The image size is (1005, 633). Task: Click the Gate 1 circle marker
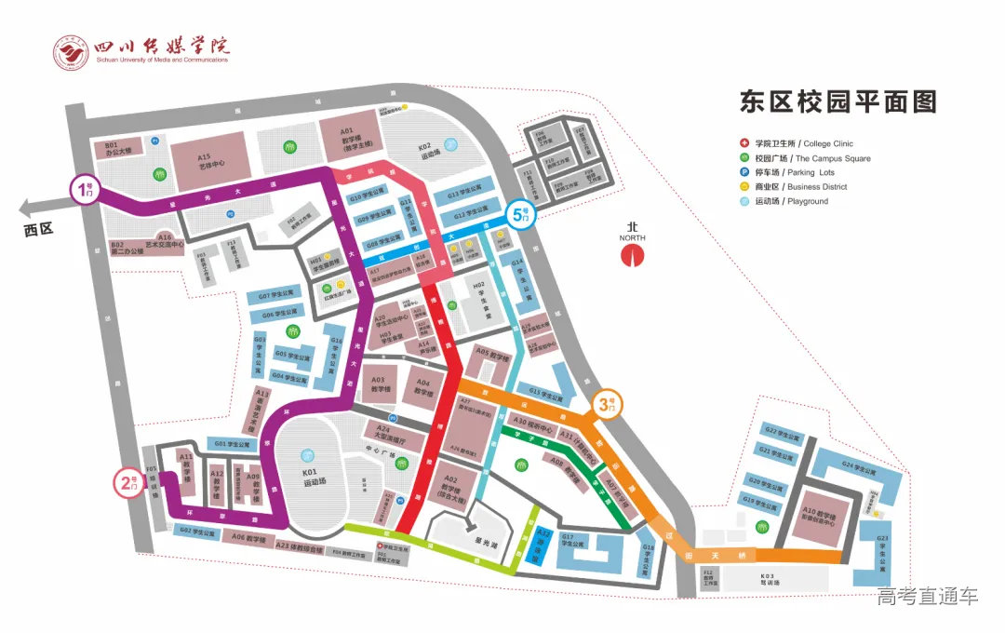click(85, 190)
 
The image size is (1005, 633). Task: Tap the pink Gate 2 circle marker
click(127, 483)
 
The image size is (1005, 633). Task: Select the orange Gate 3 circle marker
click(607, 405)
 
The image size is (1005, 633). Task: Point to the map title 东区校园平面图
click(837, 101)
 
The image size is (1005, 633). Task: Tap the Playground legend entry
click(783, 201)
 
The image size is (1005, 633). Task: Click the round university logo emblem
click(71, 52)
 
